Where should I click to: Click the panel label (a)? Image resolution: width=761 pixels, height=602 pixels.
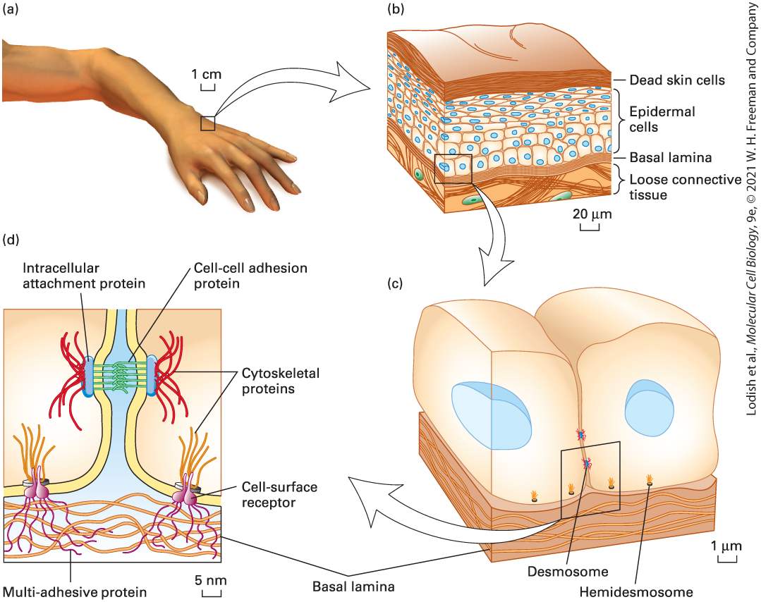(x=10, y=9)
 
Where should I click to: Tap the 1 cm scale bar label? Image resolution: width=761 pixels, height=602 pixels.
(x=206, y=74)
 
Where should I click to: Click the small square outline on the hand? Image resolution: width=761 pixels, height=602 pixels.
(x=208, y=123)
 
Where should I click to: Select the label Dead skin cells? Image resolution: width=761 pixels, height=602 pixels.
(x=677, y=80)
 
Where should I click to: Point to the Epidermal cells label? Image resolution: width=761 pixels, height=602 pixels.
(x=662, y=119)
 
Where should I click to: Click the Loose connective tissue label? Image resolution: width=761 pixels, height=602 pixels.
(x=686, y=188)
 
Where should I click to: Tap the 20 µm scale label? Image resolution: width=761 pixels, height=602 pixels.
(x=592, y=214)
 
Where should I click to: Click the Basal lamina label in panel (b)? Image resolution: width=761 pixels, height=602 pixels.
(x=670, y=158)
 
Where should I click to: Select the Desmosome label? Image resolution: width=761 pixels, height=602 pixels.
(x=568, y=572)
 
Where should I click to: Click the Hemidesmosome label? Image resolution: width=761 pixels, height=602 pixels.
(x=635, y=592)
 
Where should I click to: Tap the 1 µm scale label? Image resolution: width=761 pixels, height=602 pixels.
(x=726, y=546)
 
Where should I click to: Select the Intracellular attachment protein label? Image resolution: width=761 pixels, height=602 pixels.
(x=84, y=276)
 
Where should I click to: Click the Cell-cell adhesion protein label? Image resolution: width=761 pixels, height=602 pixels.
(x=250, y=276)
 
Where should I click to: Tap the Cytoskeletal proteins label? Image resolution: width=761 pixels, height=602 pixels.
(x=281, y=381)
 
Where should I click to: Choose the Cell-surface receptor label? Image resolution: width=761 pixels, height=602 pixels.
(x=279, y=494)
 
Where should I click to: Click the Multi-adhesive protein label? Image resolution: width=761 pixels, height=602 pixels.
(x=74, y=592)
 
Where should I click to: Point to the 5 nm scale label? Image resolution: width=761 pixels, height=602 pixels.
(x=211, y=580)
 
